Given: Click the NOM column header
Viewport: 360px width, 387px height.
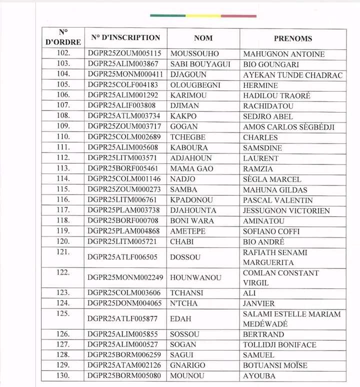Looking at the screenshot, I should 203,38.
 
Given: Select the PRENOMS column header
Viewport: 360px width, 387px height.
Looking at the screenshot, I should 292,38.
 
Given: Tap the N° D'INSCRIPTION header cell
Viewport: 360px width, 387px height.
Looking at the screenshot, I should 125,38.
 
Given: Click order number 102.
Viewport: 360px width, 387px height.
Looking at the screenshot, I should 63,54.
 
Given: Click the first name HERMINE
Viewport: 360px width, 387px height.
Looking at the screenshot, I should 260,85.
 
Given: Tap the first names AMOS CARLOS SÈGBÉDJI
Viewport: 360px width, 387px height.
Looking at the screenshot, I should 288,127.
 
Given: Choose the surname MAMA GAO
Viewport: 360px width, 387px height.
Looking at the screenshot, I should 192,169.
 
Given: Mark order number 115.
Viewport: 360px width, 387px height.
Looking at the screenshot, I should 63,189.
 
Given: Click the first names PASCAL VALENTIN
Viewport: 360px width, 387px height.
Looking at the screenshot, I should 278,200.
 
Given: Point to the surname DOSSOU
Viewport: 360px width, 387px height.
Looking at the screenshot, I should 185,257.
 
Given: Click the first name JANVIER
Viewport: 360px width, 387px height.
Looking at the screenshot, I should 258,303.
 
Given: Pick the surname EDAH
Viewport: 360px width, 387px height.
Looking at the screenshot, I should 180,319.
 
